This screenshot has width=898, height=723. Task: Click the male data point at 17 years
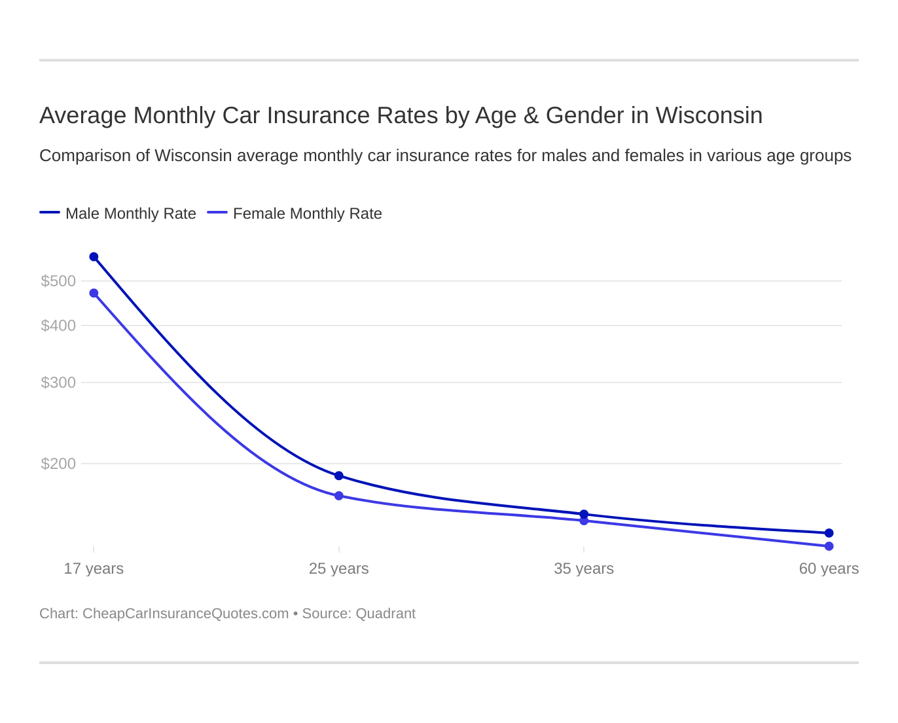pos(94,257)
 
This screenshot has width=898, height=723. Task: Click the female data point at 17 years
pos(94,293)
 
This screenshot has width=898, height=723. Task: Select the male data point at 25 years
pos(338,475)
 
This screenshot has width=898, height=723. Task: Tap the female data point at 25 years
pos(338,496)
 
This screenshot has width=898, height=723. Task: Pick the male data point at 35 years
pos(584,514)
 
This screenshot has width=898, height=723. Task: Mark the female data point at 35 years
pos(584,521)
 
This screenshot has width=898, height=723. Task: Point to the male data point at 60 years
pos(829,533)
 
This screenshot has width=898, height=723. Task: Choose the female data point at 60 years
pos(829,546)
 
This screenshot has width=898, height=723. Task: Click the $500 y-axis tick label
pos(58,281)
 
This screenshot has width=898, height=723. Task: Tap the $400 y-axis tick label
pos(58,325)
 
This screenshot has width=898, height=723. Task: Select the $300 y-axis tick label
pos(58,382)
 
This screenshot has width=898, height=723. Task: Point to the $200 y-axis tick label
pos(58,464)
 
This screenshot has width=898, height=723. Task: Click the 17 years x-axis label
pos(94,568)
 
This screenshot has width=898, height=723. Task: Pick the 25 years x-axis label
pos(338,568)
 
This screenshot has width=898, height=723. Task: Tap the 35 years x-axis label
pos(584,568)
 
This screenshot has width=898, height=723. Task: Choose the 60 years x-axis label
pos(829,568)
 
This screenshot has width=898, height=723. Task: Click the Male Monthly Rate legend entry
pos(130,213)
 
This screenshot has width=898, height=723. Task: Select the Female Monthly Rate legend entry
pos(307,213)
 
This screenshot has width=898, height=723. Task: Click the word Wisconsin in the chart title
pos(709,115)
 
